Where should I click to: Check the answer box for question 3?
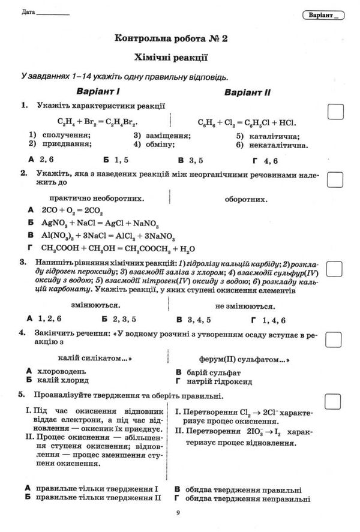pos(335,268)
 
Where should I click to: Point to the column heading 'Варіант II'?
pos(248,92)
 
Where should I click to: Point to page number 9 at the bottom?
pos(178,512)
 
